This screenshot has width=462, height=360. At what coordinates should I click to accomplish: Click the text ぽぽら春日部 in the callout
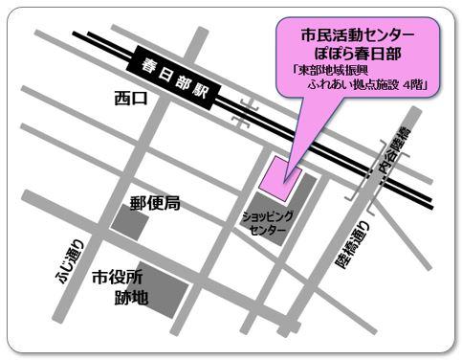point(357,52)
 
